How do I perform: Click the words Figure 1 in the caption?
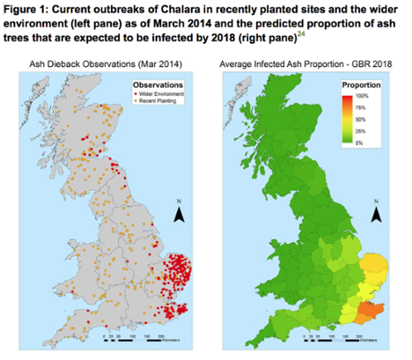coord(27,8)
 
